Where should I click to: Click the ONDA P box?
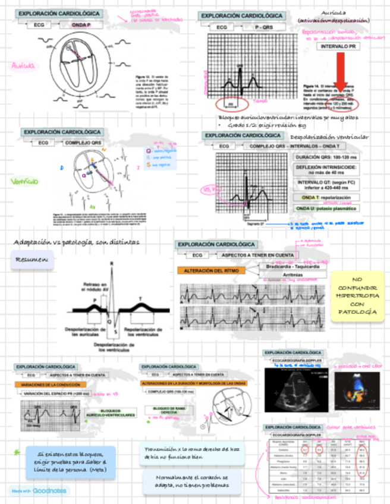tap(81, 25)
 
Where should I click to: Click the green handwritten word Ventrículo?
tap(24, 181)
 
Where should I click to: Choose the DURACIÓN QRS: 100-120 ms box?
tap(326, 157)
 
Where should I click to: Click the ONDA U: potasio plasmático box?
tap(326, 209)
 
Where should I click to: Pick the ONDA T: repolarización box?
tap(326, 197)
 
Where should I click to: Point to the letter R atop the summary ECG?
tap(112, 264)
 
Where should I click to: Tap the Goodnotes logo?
tap(38, 490)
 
